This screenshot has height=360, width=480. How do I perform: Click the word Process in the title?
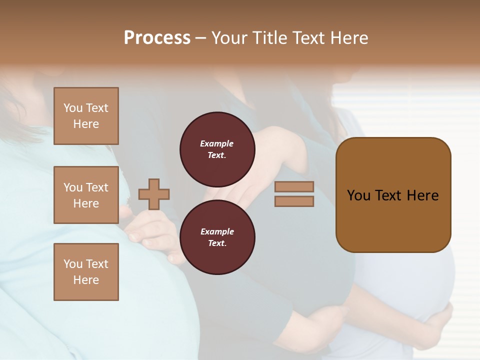[157, 38]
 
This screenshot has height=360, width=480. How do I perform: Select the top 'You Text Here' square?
[86, 116]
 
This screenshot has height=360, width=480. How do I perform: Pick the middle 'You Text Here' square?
[86, 195]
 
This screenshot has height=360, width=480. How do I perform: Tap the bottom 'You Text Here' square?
[86, 271]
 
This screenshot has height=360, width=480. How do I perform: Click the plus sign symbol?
[154, 194]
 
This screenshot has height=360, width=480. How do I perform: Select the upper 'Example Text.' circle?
[217, 149]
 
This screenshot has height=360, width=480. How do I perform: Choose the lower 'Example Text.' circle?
[217, 237]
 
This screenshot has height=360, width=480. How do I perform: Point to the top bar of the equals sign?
[294, 186]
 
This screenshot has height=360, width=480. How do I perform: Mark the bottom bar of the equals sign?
[294, 201]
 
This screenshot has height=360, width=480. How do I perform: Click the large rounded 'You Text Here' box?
[393, 194]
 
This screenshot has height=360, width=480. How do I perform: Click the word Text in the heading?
[307, 38]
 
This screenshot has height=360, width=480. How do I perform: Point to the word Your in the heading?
[228, 38]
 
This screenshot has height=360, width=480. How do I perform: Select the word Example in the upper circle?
[217, 143]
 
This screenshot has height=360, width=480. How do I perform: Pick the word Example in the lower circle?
[217, 231]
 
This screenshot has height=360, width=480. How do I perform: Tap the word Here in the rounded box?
[422, 195]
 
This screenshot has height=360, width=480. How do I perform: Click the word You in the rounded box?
[358, 195]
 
